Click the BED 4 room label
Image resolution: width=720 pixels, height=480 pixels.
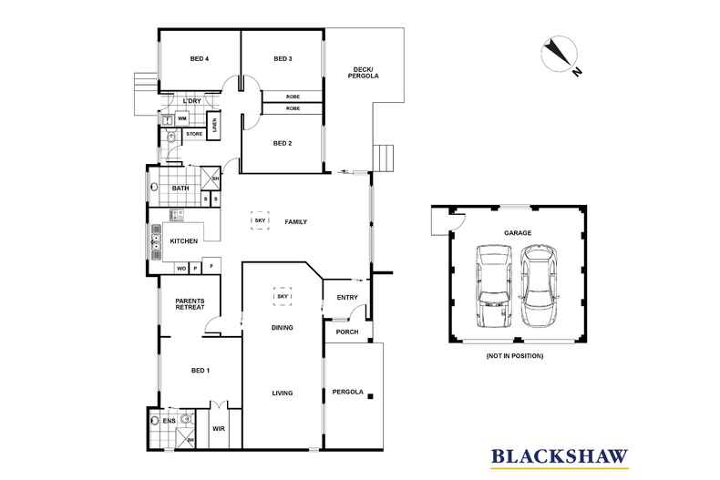200,59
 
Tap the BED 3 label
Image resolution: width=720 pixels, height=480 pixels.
283,59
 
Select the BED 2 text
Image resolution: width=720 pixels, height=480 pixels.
283,143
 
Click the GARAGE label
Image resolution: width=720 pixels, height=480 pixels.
519,233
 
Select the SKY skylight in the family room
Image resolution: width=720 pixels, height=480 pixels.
259,221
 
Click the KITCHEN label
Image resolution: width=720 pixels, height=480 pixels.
184,242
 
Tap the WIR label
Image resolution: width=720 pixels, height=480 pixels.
219,427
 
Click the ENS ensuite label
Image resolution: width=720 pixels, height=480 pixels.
169,422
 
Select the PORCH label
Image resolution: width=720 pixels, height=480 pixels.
347,332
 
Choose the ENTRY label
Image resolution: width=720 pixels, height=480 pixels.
347,297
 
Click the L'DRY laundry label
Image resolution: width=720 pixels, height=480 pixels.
190,100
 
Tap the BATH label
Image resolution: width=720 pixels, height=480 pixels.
180,189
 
